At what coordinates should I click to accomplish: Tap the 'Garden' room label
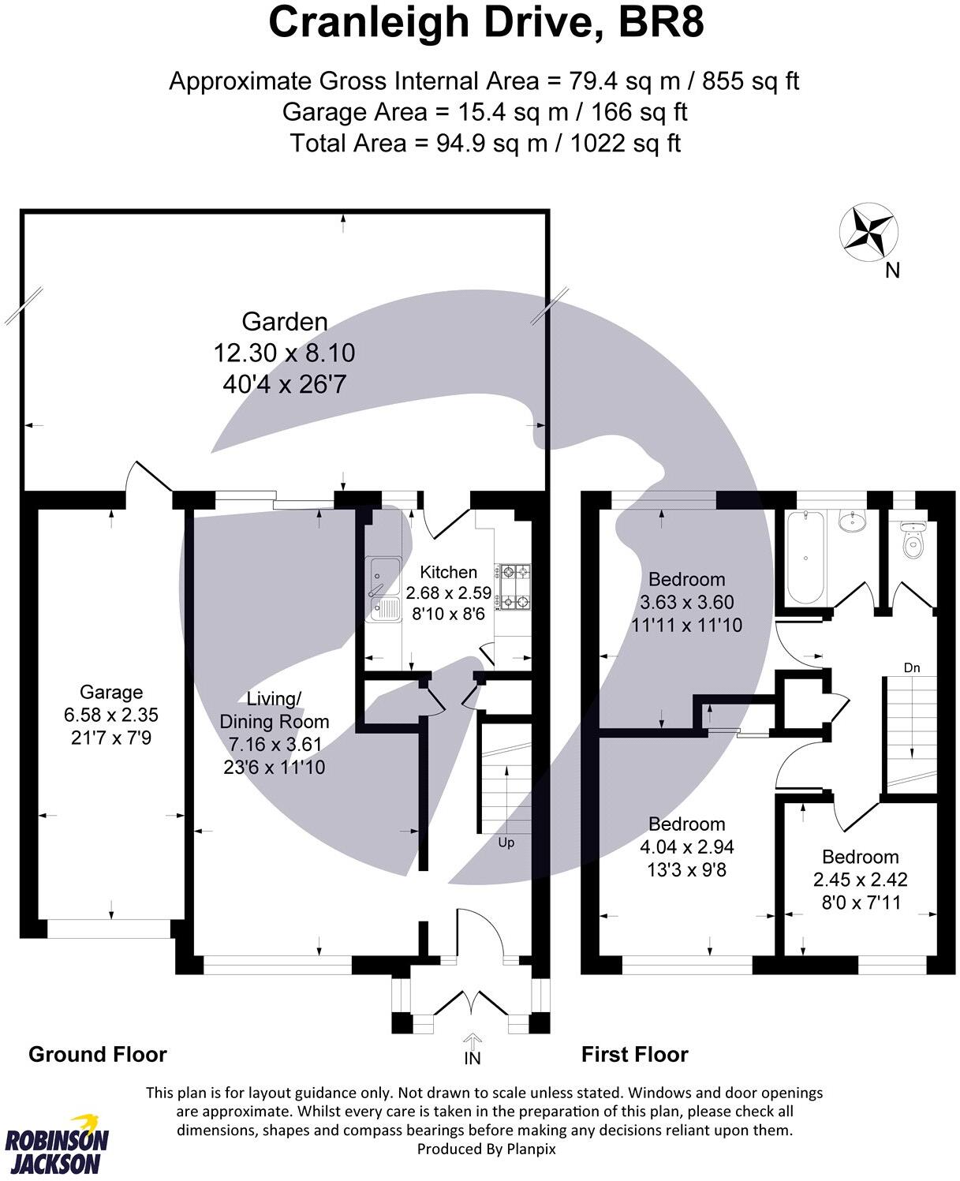tap(284, 322)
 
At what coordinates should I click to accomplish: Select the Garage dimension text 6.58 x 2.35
tap(111, 716)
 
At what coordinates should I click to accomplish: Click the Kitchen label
tap(448, 572)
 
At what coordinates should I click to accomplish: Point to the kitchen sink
tap(383, 588)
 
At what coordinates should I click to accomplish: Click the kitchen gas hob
tap(513, 586)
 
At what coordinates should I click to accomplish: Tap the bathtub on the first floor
tap(805, 557)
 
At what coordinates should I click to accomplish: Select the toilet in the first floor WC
tap(914, 539)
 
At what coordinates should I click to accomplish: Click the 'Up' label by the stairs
tap(506, 843)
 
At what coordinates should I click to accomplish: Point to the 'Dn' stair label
tap(912, 668)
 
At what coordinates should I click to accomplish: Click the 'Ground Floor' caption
tap(98, 1055)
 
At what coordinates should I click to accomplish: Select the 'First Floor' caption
tap(634, 1055)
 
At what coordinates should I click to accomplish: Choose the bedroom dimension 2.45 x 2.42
tap(860, 880)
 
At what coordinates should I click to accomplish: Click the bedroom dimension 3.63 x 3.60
tap(686, 603)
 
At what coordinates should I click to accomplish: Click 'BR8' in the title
tap(661, 23)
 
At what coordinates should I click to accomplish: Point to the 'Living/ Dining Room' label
tap(274, 710)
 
